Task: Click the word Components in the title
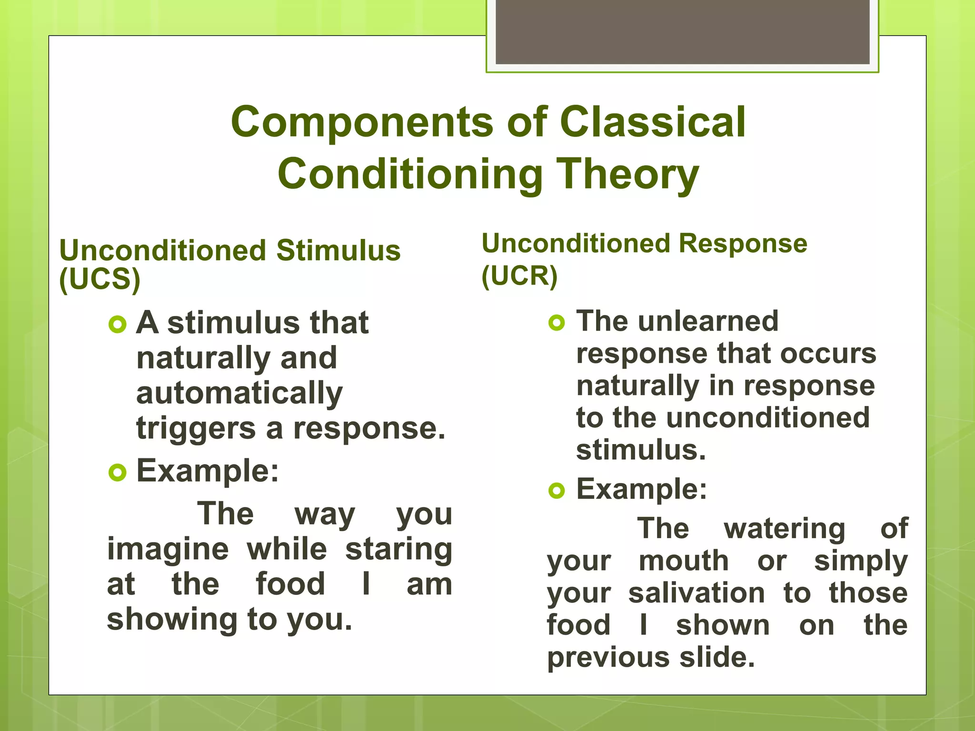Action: (362, 123)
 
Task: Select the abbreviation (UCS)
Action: (100, 279)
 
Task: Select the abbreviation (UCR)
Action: (519, 276)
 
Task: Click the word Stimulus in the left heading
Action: (338, 251)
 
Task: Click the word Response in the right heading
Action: (743, 244)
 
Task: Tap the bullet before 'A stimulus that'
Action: (117, 325)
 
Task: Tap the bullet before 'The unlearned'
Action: (557, 323)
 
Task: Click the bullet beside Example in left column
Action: (117, 473)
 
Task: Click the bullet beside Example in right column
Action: (557, 490)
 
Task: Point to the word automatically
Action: (239, 394)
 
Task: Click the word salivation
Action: (696, 593)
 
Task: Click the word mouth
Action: (684, 561)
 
